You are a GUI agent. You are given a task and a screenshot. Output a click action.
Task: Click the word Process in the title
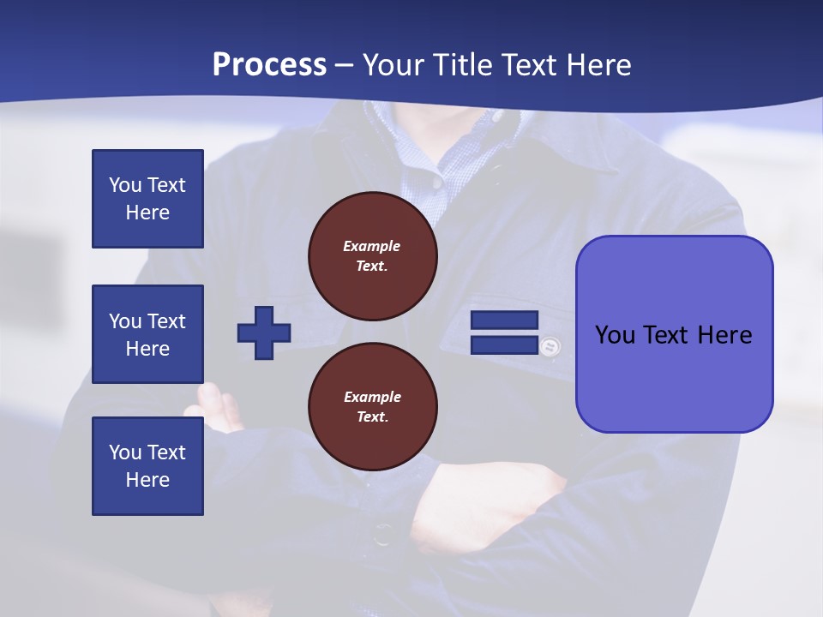click(269, 65)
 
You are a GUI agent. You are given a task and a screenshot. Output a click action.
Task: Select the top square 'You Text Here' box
click(147, 199)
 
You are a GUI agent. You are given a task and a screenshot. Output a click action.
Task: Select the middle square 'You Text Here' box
click(147, 334)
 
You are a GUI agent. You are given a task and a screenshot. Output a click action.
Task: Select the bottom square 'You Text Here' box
click(147, 466)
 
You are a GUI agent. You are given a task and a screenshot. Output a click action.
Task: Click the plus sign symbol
click(264, 332)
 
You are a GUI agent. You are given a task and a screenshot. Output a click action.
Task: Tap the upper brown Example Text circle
click(373, 256)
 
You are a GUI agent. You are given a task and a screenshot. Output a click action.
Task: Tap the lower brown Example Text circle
click(373, 407)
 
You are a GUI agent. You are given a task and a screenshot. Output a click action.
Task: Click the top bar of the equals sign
click(504, 320)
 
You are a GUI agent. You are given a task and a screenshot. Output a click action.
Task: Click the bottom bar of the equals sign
click(504, 345)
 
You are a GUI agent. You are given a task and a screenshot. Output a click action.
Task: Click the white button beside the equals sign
click(550, 346)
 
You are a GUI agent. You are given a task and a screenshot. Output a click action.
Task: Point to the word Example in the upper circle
click(371, 246)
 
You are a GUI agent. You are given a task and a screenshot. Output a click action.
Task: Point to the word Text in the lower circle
click(371, 417)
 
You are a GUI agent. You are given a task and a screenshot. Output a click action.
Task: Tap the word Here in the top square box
click(147, 213)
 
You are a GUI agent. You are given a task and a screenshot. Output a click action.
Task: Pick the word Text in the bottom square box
click(165, 452)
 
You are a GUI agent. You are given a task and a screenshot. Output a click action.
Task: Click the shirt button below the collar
click(437, 183)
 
